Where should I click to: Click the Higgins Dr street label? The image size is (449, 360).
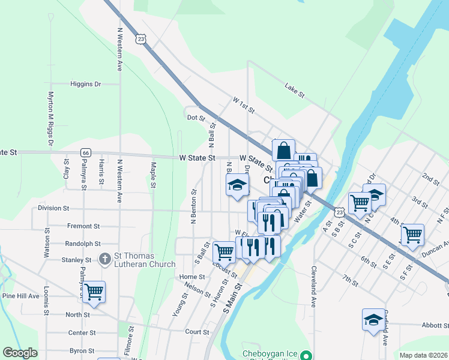tap(85, 84)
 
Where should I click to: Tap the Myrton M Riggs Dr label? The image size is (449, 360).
tap(50, 118)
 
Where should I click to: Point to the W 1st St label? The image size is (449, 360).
tap(244, 107)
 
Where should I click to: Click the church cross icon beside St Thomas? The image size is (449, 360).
tap(104, 259)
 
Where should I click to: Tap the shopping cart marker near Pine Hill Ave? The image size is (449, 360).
tap(94, 292)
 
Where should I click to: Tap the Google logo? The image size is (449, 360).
tap(20, 353)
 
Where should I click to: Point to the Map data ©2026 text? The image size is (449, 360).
tap(423, 355)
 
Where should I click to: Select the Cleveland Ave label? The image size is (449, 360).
tap(313, 287)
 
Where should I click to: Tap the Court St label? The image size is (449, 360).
tap(196, 331)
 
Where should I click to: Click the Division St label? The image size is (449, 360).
tap(53, 208)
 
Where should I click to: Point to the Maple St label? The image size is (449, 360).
tap(154, 175)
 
